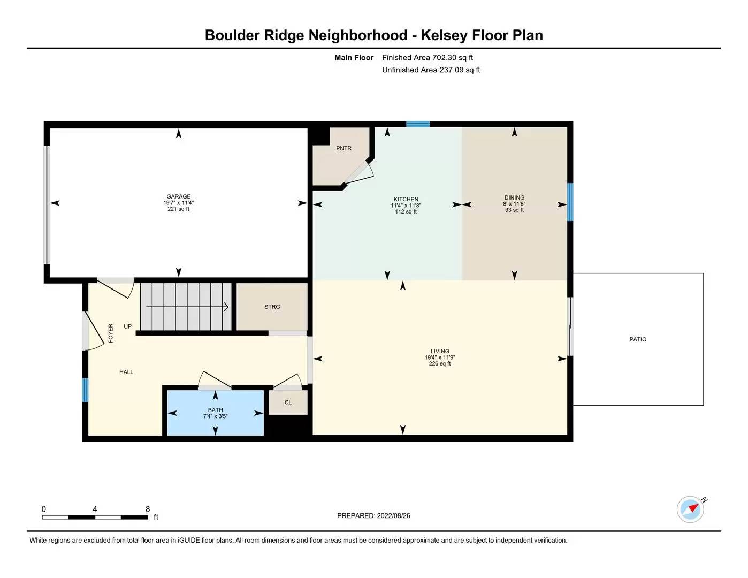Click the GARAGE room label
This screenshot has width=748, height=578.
(178, 196)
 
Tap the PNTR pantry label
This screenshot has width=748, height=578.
(344, 148)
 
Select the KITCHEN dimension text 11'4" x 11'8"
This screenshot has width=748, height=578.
(406, 206)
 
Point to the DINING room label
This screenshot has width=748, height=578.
(514, 197)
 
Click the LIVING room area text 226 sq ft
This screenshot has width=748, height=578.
(440, 364)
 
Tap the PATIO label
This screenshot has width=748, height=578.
(638, 339)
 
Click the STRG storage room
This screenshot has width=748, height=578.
(272, 307)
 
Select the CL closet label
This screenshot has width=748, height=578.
(288, 402)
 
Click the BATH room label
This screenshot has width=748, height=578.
(215, 410)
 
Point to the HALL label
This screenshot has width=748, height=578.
(126, 372)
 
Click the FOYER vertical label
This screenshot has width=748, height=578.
(111, 333)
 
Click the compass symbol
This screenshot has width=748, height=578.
(690, 509)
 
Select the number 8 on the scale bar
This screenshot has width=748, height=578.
(148, 509)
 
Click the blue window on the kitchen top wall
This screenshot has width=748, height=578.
(418, 124)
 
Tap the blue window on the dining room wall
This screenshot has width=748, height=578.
(570, 202)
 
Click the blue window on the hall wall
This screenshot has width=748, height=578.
(85, 390)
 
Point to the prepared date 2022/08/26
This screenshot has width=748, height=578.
(393, 516)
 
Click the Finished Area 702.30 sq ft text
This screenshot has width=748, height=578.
(428, 58)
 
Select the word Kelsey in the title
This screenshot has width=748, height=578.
(444, 35)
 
